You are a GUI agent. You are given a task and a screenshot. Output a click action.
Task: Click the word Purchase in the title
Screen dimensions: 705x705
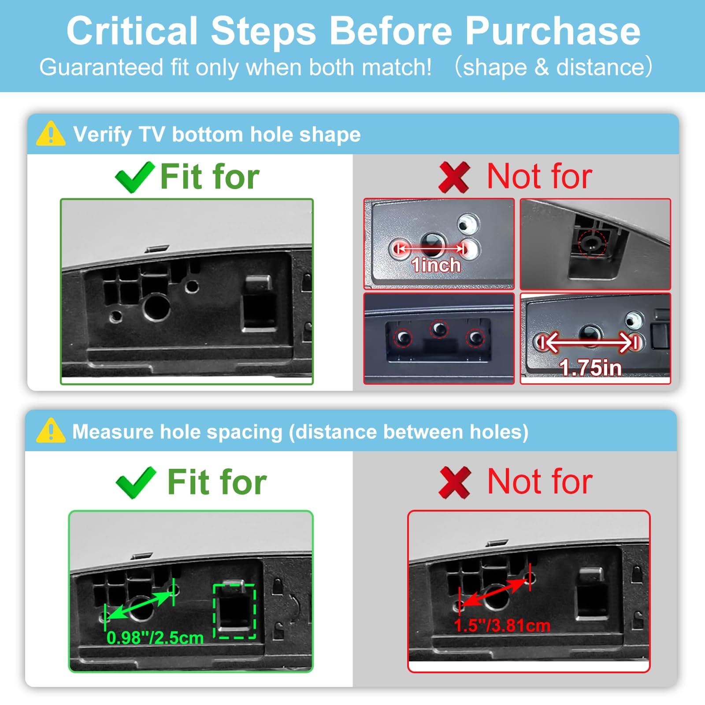[553, 31]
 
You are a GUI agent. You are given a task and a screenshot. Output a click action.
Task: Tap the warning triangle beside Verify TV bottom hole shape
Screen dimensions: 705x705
[51, 134]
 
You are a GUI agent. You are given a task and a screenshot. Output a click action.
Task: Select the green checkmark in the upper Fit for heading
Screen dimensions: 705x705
[135, 177]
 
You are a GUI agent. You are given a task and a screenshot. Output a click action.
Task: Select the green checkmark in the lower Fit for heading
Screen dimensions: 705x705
[136, 482]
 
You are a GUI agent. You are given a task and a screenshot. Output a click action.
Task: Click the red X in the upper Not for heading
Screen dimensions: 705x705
[454, 177]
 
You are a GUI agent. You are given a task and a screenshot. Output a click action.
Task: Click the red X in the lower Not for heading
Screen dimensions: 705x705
[455, 483]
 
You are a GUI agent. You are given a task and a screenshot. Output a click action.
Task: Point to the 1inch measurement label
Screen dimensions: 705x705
[436, 265]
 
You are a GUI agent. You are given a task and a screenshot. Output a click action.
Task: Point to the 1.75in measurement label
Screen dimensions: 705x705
[590, 367]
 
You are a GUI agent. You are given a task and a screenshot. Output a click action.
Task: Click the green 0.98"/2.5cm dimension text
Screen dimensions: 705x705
[155, 638]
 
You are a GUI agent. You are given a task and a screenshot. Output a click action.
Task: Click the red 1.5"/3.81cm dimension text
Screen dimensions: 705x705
[502, 625]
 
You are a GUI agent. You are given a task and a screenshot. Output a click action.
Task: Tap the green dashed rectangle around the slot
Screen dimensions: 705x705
[234, 611]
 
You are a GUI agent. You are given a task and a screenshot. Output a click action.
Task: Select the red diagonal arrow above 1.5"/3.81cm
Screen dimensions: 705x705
[495, 593]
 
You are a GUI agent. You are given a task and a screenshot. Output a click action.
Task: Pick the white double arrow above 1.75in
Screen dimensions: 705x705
[590, 342]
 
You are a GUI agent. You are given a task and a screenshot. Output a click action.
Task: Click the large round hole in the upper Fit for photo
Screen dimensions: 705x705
[156, 307]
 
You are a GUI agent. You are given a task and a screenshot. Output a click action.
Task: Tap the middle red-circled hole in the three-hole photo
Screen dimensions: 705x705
[439, 329]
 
